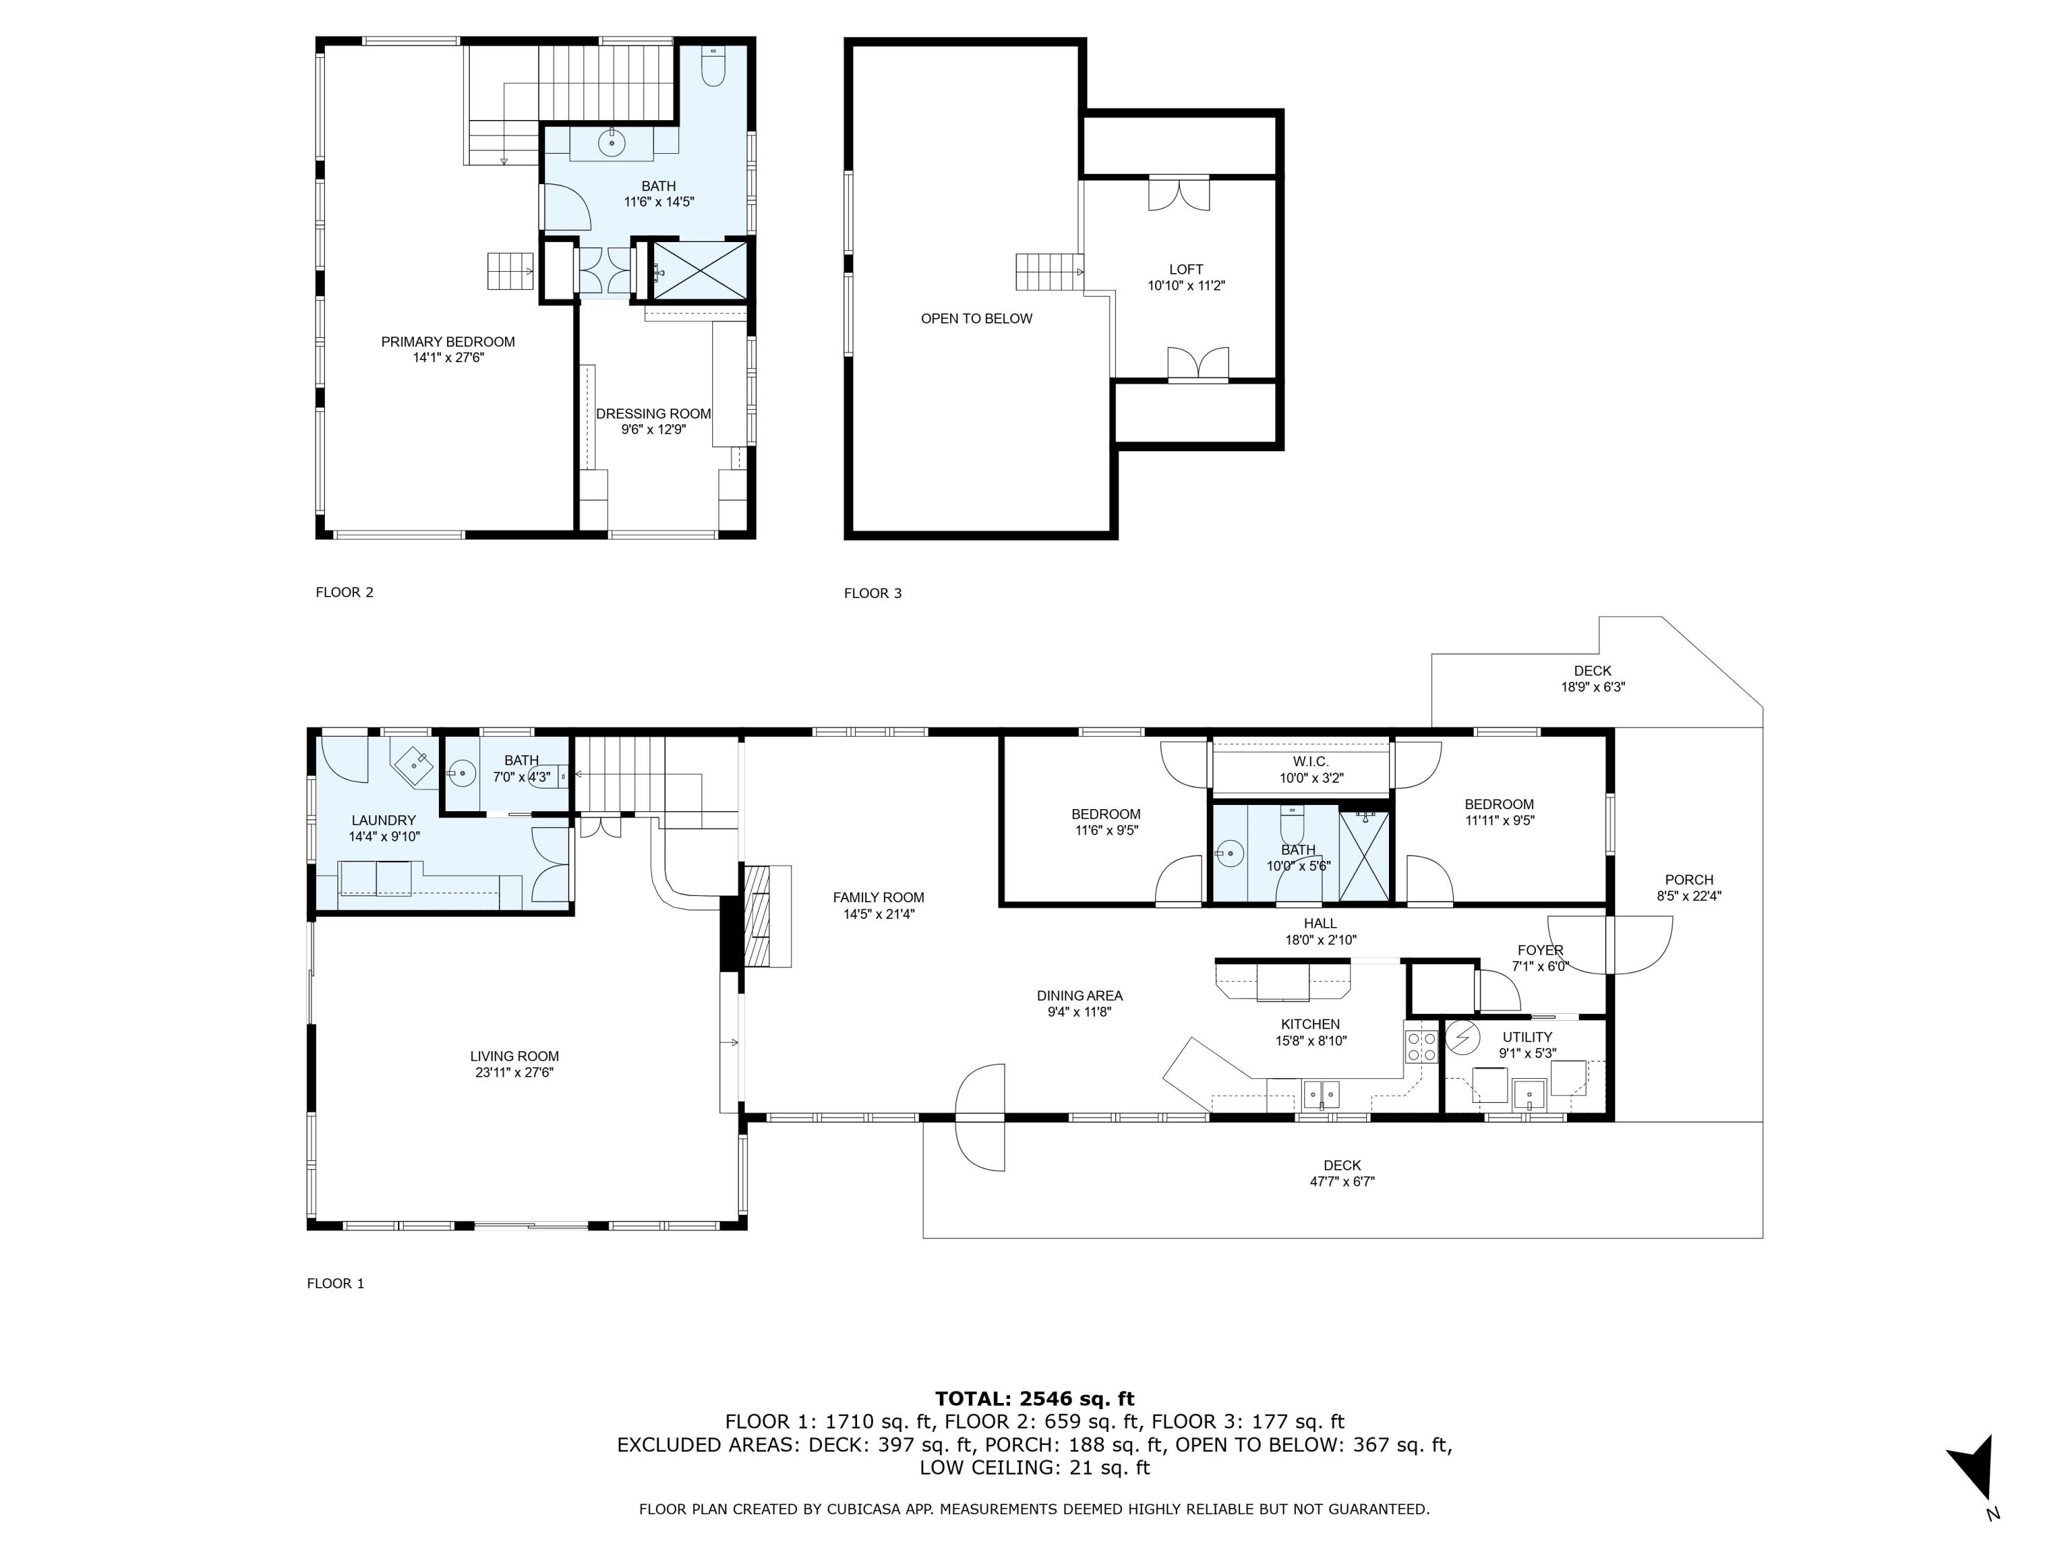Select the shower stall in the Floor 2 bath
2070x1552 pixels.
pos(700,270)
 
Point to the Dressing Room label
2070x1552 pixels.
pos(653,413)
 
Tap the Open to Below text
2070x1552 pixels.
pos(976,319)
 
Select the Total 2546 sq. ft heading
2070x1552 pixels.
pos(1034,1400)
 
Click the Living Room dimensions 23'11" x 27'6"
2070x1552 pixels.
pos(514,1072)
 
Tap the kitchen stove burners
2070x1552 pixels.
pos(1421,1046)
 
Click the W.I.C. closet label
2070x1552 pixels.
pos(1310,762)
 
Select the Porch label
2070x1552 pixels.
pos(1688,880)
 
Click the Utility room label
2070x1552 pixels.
pos(1526,1037)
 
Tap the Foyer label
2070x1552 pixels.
pos(1539,951)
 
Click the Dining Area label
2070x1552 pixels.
pos(1079,996)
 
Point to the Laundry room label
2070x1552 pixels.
pos(384,820)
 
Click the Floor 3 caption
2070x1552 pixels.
pos(872,593)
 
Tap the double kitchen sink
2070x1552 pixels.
pos(1321,1093)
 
